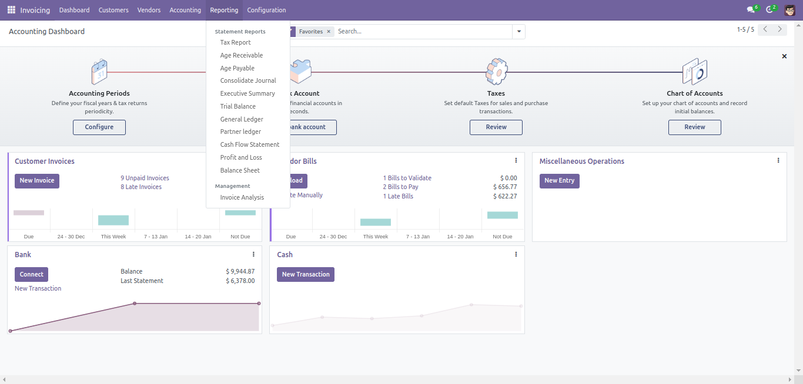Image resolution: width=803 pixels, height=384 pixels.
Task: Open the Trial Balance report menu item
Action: (x=237, y=106)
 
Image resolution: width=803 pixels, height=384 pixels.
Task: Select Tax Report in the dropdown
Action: (x=235, y=42)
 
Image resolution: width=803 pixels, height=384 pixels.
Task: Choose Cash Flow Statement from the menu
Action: (x=249, y=144)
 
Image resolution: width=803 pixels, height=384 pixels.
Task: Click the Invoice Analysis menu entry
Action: (x=242, y=197)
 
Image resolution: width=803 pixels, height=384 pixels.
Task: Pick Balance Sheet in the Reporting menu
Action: (x=240, y=170)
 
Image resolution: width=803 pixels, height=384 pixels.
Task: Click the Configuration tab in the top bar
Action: (x=266, y=10)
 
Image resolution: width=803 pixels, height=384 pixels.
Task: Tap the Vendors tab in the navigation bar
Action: (x=149, y=10)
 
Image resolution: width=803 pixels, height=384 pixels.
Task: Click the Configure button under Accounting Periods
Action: (x=99, y=127)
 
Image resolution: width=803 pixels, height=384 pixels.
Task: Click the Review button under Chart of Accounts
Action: (x=694, y=127)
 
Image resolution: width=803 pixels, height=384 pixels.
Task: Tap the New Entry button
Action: (x=559, y=181)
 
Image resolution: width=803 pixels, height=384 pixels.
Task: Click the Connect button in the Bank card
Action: (x=31, y=274)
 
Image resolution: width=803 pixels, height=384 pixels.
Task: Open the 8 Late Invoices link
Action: (x=141, y=187)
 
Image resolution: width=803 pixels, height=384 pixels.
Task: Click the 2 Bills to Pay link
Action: (x=400, y=187)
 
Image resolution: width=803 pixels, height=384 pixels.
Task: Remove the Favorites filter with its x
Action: (x=329, y=32)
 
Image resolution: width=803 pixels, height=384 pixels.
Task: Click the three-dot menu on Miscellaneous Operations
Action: (x=778, y=160)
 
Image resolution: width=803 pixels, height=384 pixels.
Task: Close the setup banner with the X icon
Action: (x=784, y=56)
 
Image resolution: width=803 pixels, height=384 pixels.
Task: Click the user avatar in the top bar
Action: (x=789, y=10)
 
